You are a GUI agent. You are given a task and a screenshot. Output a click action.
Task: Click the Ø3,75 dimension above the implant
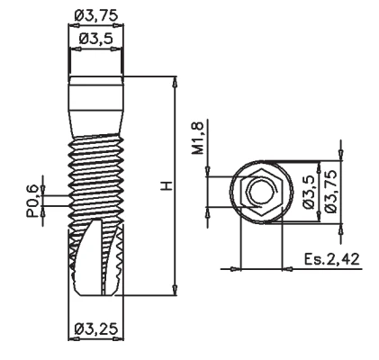tap(96, 15)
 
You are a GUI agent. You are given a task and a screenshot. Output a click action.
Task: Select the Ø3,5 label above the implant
tap(96, 39)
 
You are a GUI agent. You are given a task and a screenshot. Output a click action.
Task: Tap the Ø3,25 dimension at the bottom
tap(96, 328)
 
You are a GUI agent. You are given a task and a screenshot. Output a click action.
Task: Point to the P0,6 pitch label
tap(32, 201)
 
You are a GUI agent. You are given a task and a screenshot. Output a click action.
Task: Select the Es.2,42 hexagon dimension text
tap(331, 259)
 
